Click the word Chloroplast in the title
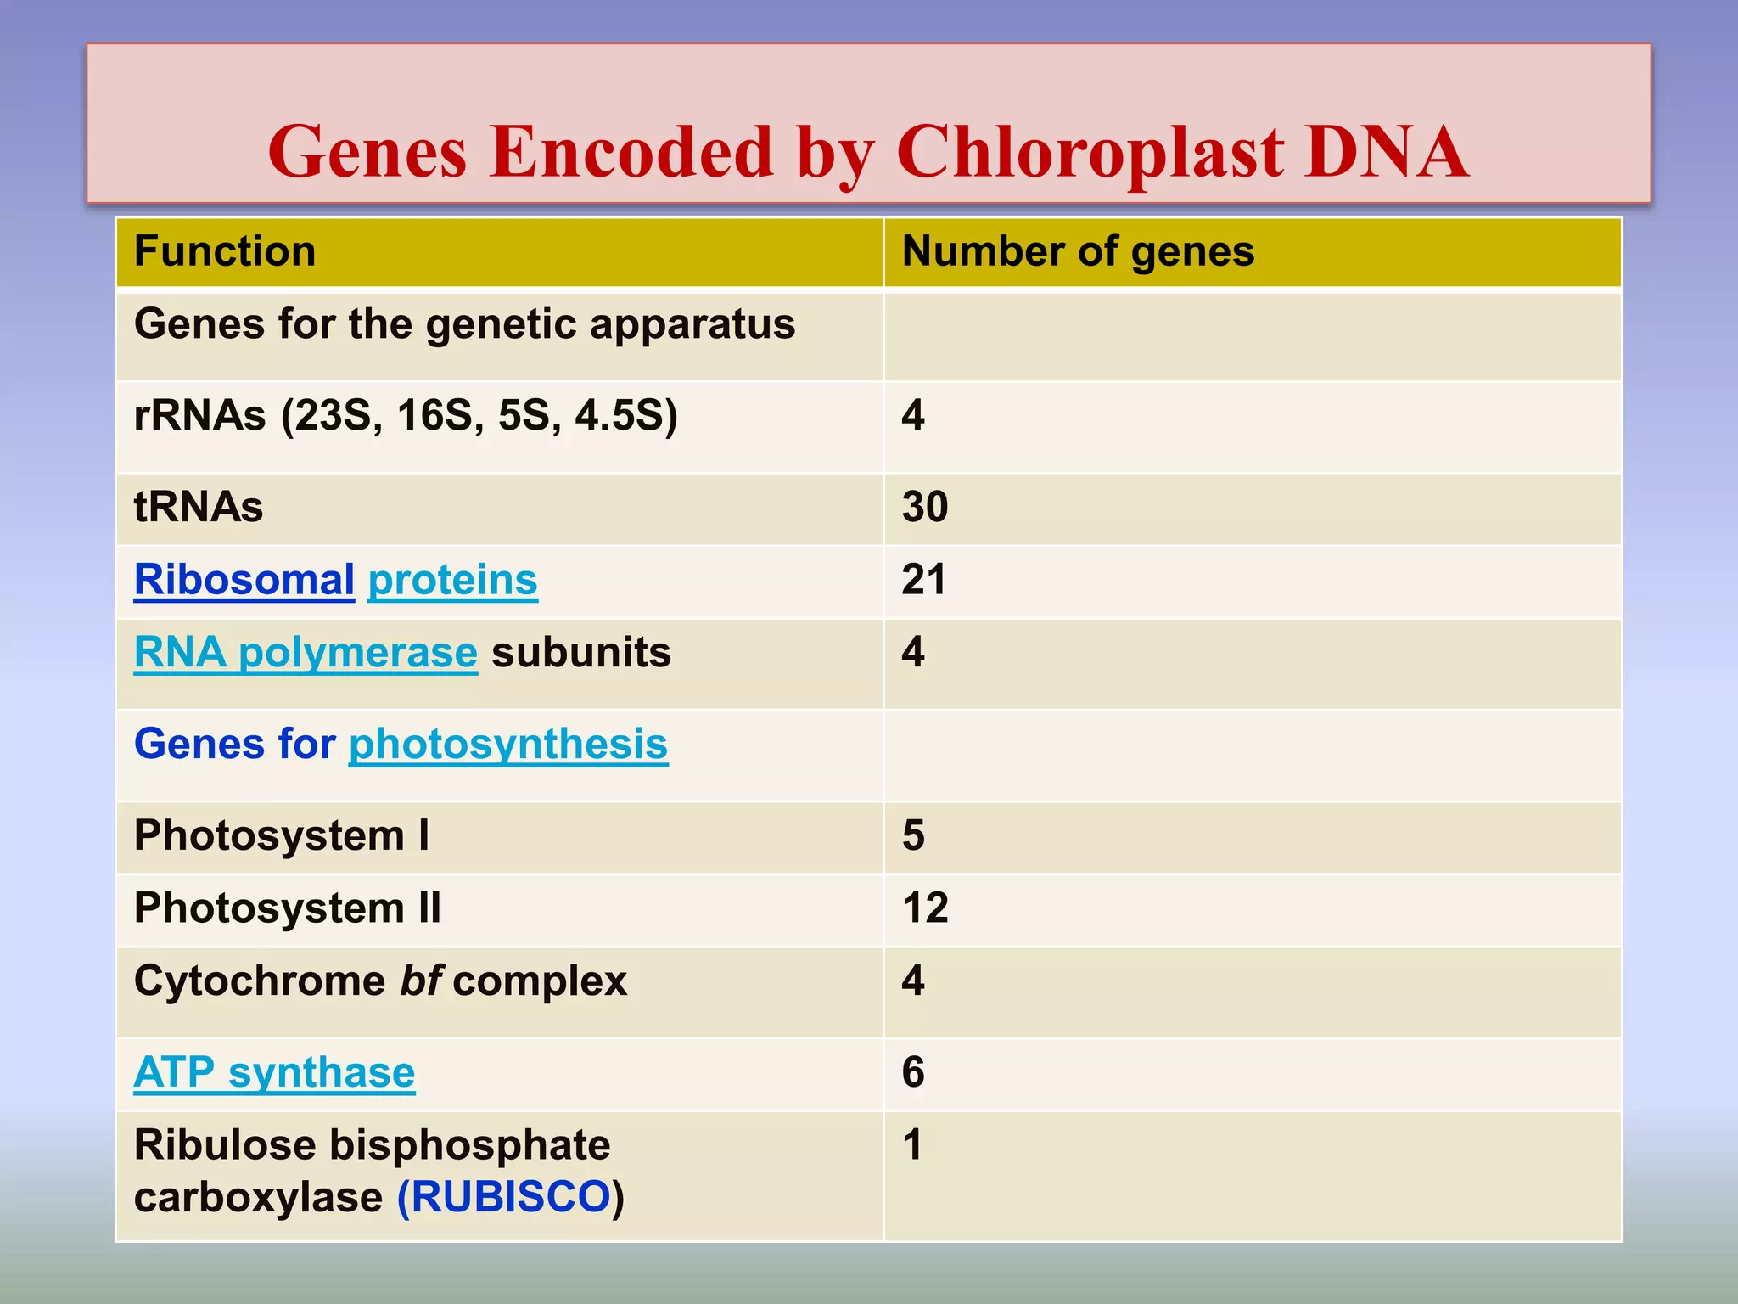point(1090,153)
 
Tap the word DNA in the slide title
point(1386,153)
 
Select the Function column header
point(225,252)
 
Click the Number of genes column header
point(1078,252)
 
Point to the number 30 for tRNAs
point(925,507)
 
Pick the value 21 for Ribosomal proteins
point(923,580)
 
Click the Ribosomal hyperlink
point(244,581)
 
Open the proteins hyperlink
point(452,581)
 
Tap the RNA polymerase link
point(306,653)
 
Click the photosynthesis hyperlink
point(508,745)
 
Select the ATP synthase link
point(274,1072)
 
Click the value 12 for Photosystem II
point(925,908)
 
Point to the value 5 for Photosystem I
point(913,835)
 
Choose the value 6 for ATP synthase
point(913,1072)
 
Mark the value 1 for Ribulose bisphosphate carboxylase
point(912,1145)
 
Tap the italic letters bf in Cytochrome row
point(420,981)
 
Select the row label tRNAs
point(199,507)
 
